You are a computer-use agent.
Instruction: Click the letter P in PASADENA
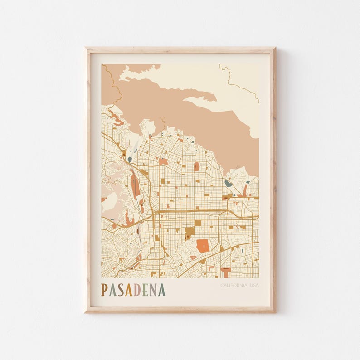(x=105, y=290)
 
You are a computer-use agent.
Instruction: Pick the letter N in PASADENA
(x=153, y=290)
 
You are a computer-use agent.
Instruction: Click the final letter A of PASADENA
(x=162, y=290)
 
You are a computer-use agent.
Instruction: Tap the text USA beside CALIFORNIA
(x=254, y=285)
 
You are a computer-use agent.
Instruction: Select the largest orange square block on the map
(x=202, y=246)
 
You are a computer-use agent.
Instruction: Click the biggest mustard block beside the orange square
(x=190, y=232)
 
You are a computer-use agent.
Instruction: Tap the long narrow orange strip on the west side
(x=135, y=186)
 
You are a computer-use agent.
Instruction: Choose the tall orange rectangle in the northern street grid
(x=196, y=166)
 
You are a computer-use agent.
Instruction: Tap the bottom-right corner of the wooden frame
(x=275, y=312)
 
